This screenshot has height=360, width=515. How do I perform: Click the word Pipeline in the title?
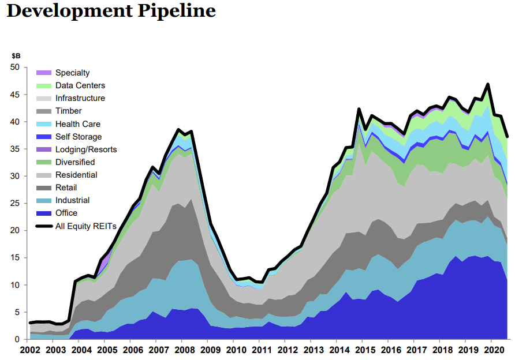pyautogui.click(x=177, y=11)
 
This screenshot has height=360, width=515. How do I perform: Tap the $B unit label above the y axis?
pyautogui.click(x=16, y=56)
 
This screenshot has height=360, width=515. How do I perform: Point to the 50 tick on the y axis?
pyautogui.click(x=15, y=67)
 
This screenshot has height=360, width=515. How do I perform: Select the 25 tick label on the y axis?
pyautogui.click(x=15, y=204)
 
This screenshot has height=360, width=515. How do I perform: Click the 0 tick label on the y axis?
pyautogui.click(x=17, y=339)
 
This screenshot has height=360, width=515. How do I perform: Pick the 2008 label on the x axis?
pyautogui.click(x=185, y=350)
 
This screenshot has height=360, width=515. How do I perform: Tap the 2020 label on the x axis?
pyautogui.click(x=494, y=350)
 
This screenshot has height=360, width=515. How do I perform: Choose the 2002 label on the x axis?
pyautogui.click(x=30, y=350)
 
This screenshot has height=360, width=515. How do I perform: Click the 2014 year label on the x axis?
pyautogui.click(x=339, y=350)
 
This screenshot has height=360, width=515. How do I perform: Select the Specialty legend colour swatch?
pyautogui.click(x=44, y=73)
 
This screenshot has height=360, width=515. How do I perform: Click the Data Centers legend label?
pyautogui.click(x=80, y=85)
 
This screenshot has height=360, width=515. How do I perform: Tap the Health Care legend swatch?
pyautogui.click(x=44, y=123)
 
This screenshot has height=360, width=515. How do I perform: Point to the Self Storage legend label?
pyautogui.click(x=79, y=137)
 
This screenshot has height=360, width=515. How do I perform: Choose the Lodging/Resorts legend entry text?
pyautogui.click(x=86, y=149)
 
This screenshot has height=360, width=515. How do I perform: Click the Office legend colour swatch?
pyautogui.click(x=44, y=213)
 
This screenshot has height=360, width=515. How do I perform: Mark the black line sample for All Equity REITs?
pyautogui.click(x=44, y=226)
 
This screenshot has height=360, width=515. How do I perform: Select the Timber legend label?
pyautogui.click(x=68, y=111)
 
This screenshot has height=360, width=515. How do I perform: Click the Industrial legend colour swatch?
pyautogui.click(x=44, y=201)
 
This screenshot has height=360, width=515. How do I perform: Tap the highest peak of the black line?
pyautogui.click(x=488, y=84)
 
